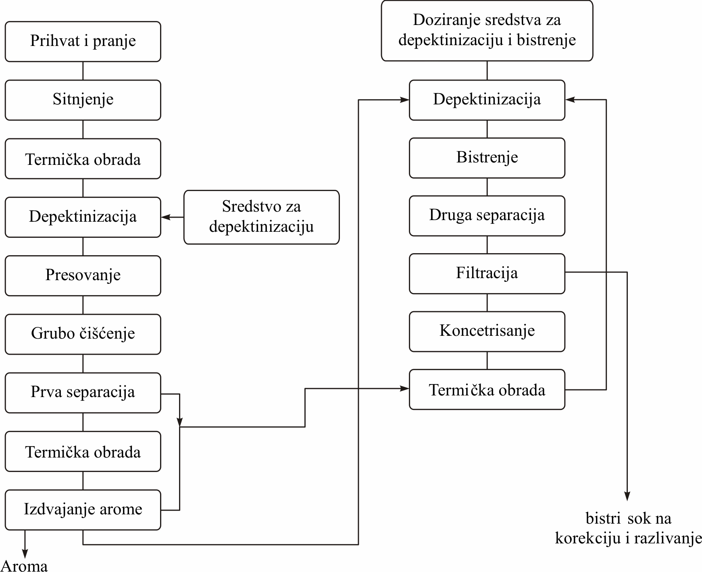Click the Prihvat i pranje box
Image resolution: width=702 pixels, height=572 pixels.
(83, 42)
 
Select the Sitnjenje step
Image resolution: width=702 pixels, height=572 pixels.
(83, 100)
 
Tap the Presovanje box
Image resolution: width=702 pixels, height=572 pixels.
(83, 276)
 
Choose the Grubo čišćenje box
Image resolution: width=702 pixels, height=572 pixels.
(83, 334)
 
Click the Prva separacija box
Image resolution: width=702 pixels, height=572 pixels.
(83, 393)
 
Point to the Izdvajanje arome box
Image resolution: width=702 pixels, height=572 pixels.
(83, 510)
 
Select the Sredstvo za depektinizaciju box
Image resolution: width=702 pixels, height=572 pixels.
(262, 217)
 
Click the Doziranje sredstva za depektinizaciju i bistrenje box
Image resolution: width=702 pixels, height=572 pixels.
(487, 31)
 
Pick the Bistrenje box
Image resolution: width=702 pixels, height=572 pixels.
(487, 158)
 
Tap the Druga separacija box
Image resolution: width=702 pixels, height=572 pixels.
(487, 216)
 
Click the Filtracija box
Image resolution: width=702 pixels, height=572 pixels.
(487, 274)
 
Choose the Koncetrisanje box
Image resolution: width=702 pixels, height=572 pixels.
(487, 331)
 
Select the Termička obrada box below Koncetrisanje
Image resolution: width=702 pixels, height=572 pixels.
(487, 389)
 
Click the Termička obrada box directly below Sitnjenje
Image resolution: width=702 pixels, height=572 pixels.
(83, 159)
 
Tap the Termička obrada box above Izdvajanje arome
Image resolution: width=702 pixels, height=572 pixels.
(83, 451)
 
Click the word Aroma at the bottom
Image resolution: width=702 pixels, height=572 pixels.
(25, 566)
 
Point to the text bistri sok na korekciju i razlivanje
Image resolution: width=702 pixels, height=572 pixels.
(628, 528)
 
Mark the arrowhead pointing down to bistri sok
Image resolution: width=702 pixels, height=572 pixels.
(627, 496)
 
